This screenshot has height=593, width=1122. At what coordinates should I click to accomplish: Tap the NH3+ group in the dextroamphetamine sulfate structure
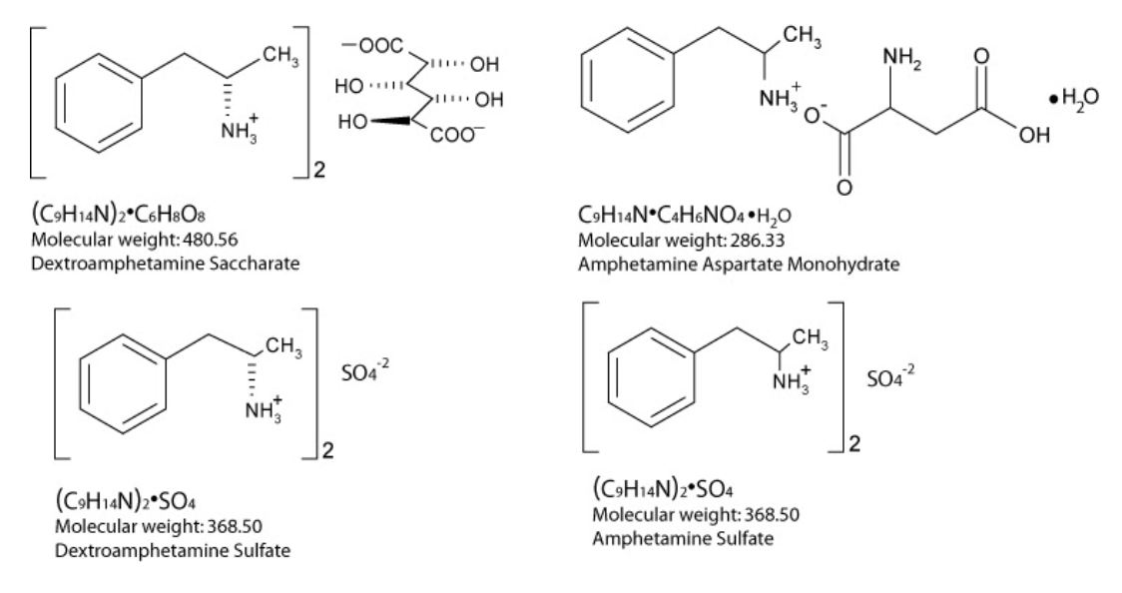[264, 411]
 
